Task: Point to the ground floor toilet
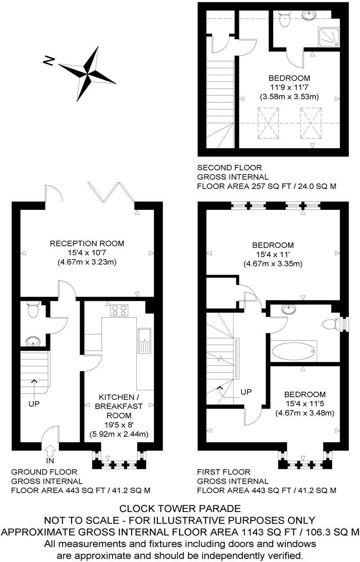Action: (x=33, y=310)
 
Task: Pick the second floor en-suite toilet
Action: (x=284, y=19)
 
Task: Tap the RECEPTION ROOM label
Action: (x=87, y=244)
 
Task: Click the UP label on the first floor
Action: (x=246, y=392)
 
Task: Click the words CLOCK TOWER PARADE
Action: (x=180, y=509)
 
